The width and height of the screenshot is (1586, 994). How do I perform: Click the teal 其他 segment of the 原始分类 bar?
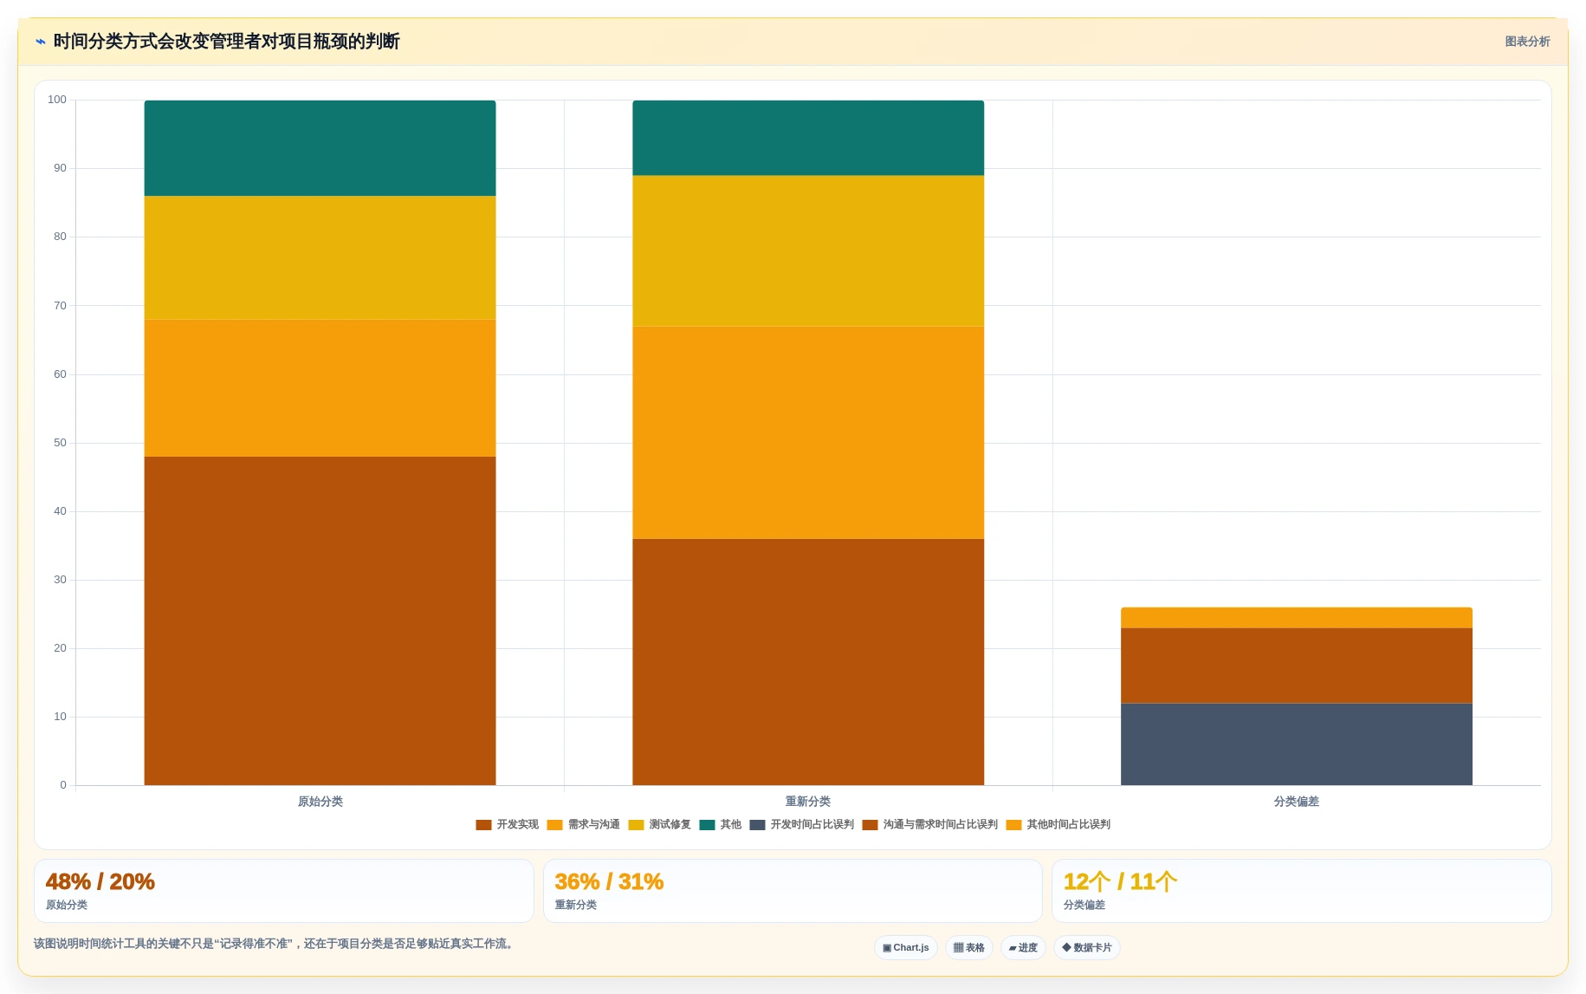click(x=320, y=148)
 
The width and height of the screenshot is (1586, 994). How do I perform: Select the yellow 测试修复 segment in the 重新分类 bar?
click(x=808, y=251)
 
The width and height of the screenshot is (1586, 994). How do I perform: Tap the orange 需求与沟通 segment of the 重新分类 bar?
click(x=808, y=432)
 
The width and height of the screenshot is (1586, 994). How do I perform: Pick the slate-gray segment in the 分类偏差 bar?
click(x=1296, y=744)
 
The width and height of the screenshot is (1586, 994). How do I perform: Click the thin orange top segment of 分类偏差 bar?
click(x=1296, y=618)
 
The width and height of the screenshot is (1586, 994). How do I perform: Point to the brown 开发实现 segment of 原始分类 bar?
click(x=320, y=620)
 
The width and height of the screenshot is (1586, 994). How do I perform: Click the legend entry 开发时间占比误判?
click(x=802, y=825)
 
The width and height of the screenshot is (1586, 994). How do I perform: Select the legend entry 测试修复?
click(x=660, y=825)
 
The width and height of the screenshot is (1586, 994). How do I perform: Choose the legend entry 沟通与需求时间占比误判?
click(x=930, y=825)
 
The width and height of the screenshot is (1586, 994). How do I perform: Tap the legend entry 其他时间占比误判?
click(x=1058, y=825)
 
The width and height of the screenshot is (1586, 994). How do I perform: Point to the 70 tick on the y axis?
click(x=60, y=306)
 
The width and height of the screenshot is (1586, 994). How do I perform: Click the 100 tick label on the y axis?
click(x=57, y=100)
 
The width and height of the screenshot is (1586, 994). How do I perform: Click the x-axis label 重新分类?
click(x=808, y=802)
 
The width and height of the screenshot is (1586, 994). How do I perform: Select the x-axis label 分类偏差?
click(x=1296, y=802)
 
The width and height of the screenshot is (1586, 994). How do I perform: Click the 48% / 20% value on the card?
click(x=100, y=881)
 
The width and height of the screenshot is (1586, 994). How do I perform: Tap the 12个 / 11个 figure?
click(x=1120, y=881)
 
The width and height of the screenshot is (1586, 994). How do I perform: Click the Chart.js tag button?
click(x=906, y=948)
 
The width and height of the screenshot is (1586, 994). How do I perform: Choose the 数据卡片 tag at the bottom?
click(x=1087, y=948)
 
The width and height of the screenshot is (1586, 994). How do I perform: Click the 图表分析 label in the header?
click(x=1527, y=42)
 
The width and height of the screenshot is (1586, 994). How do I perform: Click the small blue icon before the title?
click(x=41, y=42)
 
